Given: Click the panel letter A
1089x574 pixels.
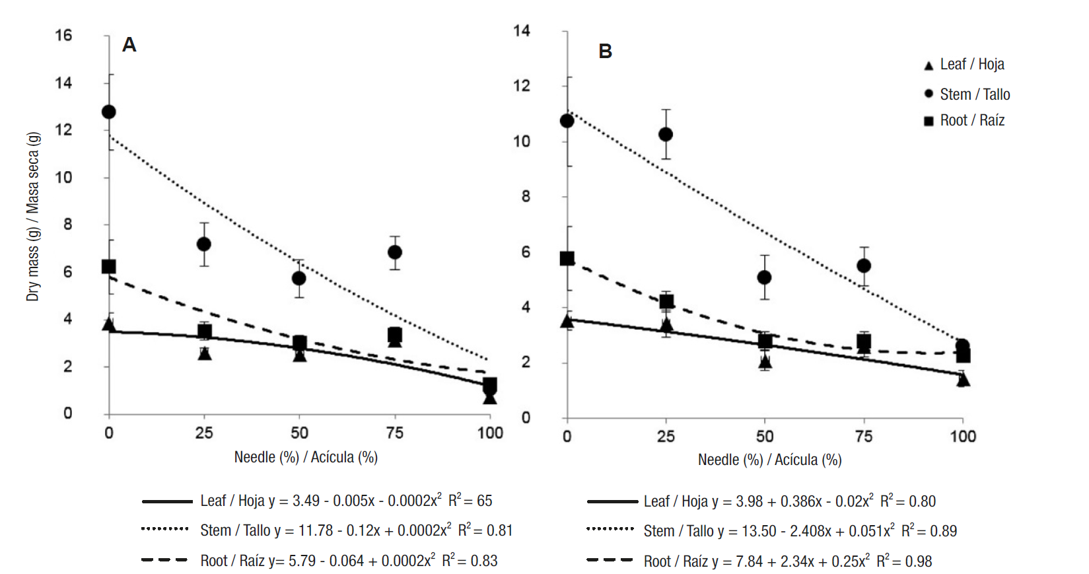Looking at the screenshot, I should pos(129,45).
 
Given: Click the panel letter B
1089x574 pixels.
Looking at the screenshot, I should pos(605,52).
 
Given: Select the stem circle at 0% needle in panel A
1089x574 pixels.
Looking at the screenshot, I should pos(109,112).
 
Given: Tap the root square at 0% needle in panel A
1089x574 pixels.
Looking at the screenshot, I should pos(109,267).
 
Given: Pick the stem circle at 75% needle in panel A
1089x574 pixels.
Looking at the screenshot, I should pos(395,252).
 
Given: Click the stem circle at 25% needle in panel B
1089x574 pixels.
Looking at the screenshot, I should pos(666,134).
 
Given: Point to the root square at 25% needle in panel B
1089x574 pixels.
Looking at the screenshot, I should pos(666,302).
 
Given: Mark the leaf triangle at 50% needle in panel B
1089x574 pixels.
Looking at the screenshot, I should pos(765,361).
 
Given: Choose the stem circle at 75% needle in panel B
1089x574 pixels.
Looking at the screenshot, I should pos(864,266).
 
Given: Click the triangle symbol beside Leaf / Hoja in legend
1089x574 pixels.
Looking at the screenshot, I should pos(929,65).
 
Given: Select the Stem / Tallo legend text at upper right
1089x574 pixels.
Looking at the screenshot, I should pos(975,94).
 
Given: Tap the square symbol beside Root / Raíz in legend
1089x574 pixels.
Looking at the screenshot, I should pos(929,121).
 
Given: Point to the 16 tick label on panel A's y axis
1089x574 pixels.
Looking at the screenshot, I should pos(63,35).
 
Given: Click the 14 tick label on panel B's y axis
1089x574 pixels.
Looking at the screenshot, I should pos(522,30).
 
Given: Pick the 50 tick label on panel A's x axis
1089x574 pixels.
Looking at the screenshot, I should pos(299,433).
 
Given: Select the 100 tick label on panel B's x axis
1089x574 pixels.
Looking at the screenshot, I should pos(962,436).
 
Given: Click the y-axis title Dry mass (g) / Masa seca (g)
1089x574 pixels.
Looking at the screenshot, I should pos(33,217).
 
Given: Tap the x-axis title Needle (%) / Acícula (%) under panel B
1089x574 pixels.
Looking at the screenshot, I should pos(769,460).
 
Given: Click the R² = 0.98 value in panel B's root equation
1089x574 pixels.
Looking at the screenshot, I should pos(904,561).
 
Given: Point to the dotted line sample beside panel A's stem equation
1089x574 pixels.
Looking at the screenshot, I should pos(165,529).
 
